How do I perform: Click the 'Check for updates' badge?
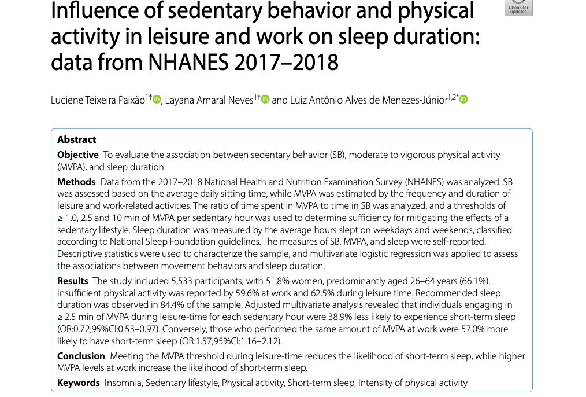pos(518,7)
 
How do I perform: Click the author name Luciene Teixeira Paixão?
pos(98,100)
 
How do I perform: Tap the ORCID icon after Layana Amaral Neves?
pos(265,100)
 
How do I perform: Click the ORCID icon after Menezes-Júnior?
pos(463,100)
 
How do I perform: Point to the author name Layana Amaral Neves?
pos(209,100)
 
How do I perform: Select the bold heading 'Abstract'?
pos(76,139)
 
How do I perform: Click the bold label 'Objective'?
pos(78,155)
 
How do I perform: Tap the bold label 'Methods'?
pos(76,182)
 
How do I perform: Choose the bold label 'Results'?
pos(73,281)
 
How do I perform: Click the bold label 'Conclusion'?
pos(81,356)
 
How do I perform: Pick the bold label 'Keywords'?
pos(78,383)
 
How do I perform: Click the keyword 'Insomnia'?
pos(123,383)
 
